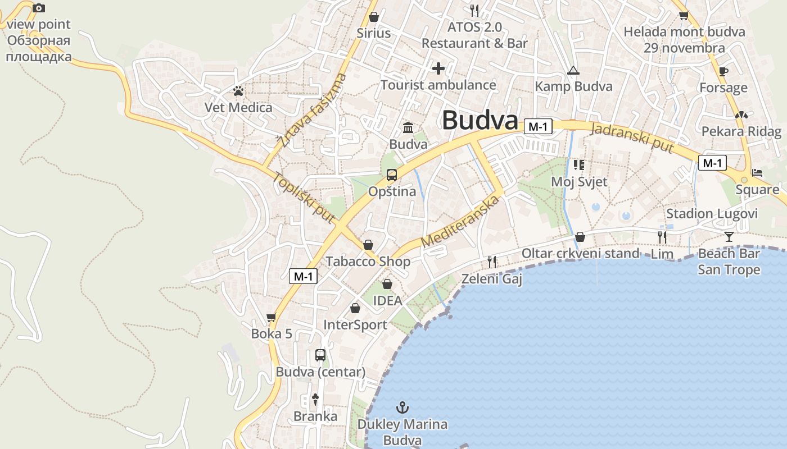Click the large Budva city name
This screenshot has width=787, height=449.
pyautogui.click(x=480, y=121)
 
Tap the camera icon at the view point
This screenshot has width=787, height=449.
pyautogui.click(x=38, y=8)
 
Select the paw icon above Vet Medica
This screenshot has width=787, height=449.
pyautogui.click(x=238, y=90)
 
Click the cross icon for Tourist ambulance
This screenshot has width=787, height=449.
pyautogui.click(x=438, y=68)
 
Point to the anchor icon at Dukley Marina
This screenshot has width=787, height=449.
pyautogui.click(x=402, y=407)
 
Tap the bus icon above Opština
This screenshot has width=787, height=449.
pyautogui.click(x=392, y=175)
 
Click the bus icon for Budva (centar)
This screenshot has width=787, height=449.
pyautogui.click(x=320, y=355)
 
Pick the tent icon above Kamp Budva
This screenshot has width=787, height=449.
pyautogui.click(x=573, y=70)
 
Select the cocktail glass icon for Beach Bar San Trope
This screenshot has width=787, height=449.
pyautogui.click(x=729, y=236)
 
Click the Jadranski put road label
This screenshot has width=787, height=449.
pyautogui.click(x=632, y=136)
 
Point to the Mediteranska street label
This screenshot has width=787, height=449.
pyautogui.click(x=460, y=222)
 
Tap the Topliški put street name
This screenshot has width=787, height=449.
pyautogui.click(x=304, y=196)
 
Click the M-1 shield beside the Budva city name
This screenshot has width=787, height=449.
pyautogui.click(x=538, y=127)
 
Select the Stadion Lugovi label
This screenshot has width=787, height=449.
pyautogui.click(x=712, y=214)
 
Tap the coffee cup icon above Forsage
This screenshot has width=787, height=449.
pyautogui.click(x=723, y=71)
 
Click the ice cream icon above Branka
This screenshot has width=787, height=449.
pyautogui.click(x=315, y=399)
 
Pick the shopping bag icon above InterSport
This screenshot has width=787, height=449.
pyautogui.click(x=355, y=308)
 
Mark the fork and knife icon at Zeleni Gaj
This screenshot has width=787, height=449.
pyautogui.click(x=492, y=262)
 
